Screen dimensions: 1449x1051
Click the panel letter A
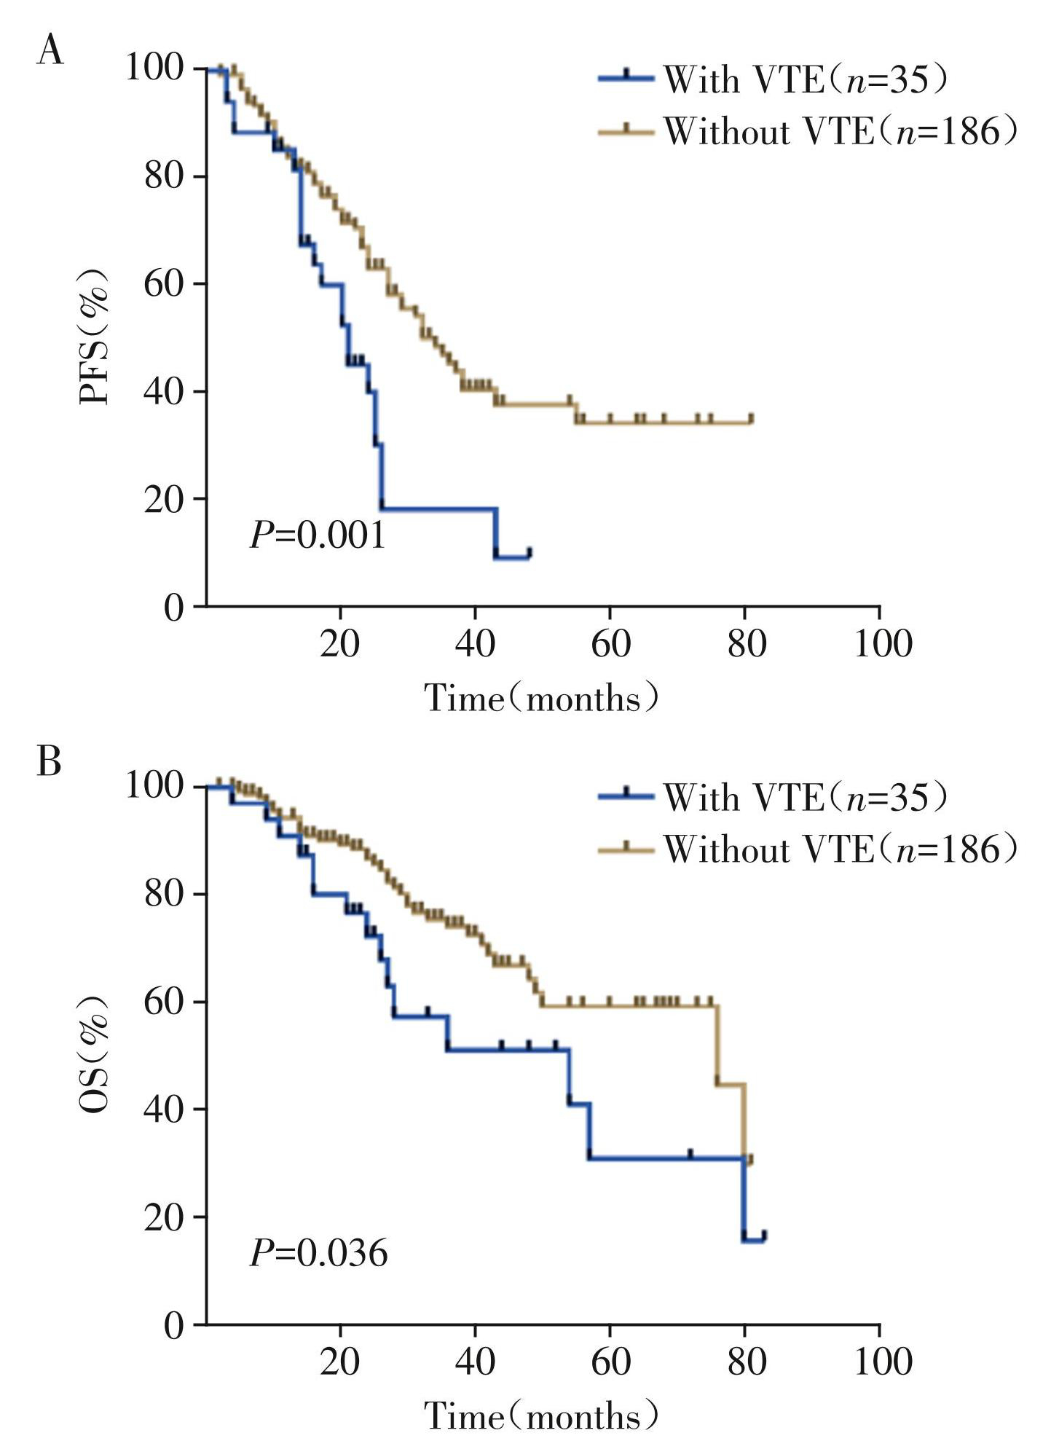pos(50,52)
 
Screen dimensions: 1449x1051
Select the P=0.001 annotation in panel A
pos(318,536)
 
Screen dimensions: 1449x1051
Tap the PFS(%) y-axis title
pos(95,336)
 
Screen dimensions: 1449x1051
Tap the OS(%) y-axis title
pos(95,1053)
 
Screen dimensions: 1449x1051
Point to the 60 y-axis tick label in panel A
pos(163,283)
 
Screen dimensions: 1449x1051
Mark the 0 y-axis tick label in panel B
pos(173,1325)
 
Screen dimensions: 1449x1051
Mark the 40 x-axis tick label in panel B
pos(475,1361)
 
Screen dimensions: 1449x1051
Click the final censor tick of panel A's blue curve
pos(530,552)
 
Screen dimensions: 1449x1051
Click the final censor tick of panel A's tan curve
pos(751,418)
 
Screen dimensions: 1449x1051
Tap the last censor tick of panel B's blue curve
pos(764,1235)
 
